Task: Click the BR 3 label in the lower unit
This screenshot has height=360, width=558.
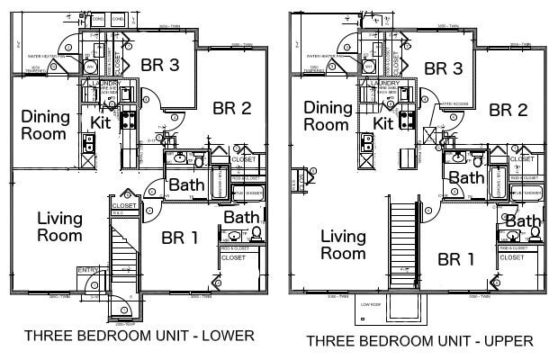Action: (160, 64)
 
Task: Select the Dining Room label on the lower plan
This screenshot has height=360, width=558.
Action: (43, 125)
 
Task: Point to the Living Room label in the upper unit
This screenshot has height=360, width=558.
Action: (343, 245)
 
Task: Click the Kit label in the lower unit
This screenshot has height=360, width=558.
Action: (100, 121)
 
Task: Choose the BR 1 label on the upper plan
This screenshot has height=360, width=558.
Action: (456, 260)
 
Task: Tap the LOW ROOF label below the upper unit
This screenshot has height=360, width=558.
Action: (372, 305)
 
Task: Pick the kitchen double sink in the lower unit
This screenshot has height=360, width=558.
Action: (89, 142)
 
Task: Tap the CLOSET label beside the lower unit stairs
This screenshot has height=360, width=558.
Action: (123, 205)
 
